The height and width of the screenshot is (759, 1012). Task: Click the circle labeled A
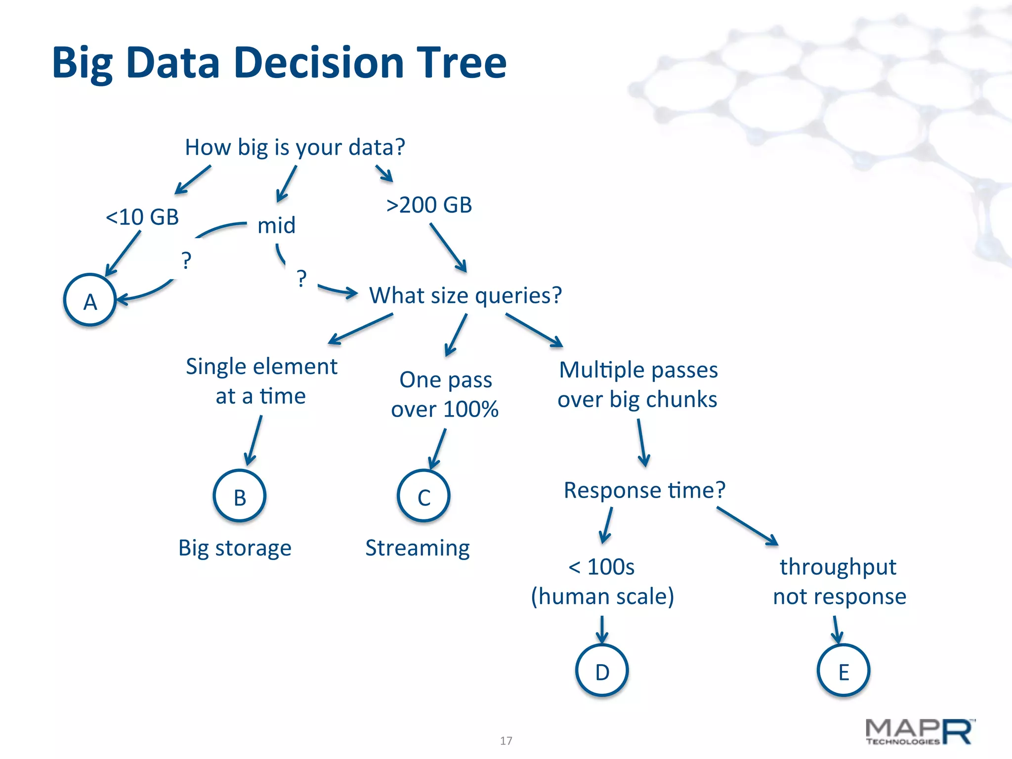(90, 300)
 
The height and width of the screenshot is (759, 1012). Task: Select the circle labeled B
(240, 496)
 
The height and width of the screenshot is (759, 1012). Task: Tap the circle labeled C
(423, 496)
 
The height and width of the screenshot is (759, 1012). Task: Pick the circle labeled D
(602, 671)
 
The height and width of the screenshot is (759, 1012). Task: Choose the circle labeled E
(843, 671)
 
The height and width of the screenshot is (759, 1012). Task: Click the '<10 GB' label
(142, 217)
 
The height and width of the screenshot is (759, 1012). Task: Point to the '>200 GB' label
(429, 205)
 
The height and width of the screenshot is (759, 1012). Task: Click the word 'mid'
(276, 225)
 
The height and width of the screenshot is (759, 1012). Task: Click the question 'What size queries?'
(465, 295)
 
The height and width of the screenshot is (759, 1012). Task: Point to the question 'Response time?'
(644, 490)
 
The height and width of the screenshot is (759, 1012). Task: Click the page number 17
(506, 741)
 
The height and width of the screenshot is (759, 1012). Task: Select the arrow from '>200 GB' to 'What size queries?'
(448, 247)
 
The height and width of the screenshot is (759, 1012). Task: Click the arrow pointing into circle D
(602, 630)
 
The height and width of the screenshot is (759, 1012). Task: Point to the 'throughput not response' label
(839, 582)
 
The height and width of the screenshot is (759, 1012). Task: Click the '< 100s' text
(601, 567)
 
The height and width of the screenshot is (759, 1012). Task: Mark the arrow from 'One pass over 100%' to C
(438, 449)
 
